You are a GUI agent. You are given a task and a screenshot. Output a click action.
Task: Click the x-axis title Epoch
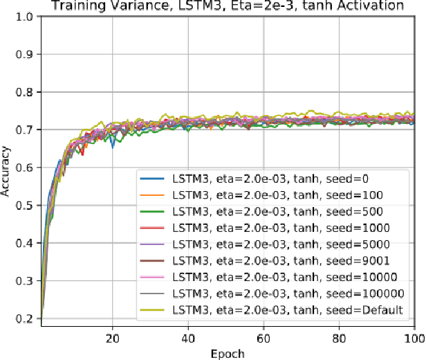tap(228, 352)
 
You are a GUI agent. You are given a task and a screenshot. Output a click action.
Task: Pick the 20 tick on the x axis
tap(112, 338)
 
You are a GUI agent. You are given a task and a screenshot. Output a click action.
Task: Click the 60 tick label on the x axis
tap(263, 338)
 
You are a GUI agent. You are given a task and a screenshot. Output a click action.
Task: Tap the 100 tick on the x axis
tap(414, 338)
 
